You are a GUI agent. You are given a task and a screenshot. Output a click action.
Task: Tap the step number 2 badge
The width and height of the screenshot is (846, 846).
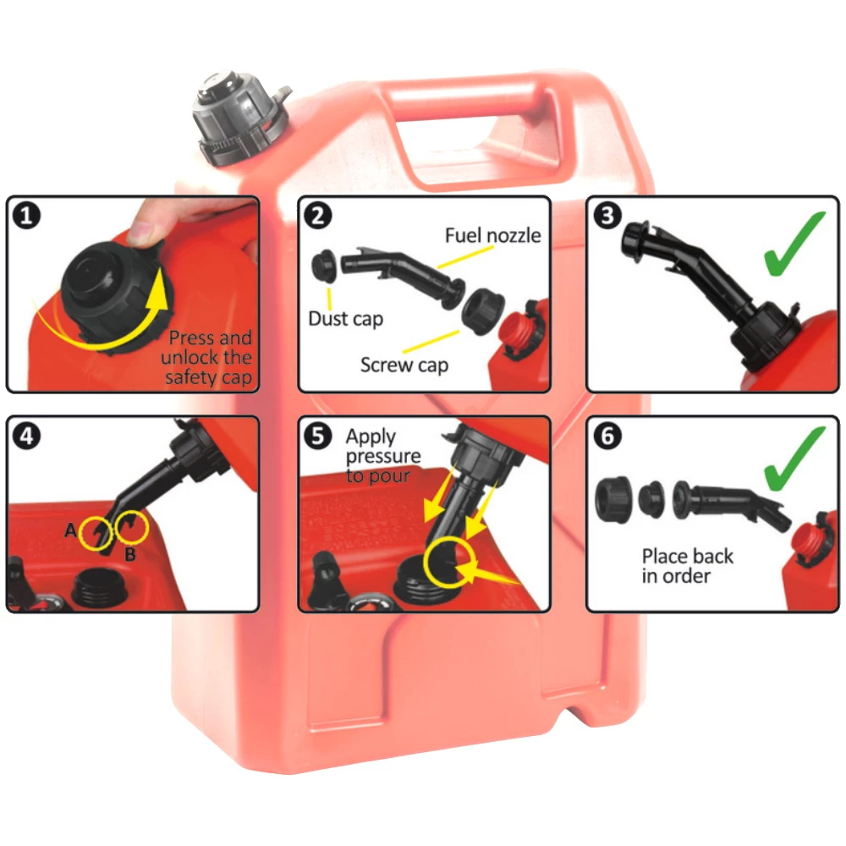click(317, 217)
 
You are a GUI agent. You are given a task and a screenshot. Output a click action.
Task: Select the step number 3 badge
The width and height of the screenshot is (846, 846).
click(607, 217)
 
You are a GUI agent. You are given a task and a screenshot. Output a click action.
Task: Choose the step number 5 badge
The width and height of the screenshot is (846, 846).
click(317, 437)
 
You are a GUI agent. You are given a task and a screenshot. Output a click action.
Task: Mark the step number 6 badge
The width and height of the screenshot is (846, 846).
click(607, 437)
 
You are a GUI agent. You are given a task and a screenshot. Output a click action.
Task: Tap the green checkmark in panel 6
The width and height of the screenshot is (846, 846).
click(794, 459)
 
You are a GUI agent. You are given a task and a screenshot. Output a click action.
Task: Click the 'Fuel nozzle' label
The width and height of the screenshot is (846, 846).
click(492, 234)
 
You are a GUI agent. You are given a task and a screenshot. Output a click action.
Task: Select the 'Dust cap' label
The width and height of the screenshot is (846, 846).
click(345, 319)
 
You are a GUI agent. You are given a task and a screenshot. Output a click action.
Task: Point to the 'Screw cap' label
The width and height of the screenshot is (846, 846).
click(404, 365)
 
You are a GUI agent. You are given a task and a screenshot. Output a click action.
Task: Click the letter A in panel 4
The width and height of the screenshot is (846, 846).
click(70, 530)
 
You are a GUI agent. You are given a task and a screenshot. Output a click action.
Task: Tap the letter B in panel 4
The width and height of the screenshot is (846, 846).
click(129, 555)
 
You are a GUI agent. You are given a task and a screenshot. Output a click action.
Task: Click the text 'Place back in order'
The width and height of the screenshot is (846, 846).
click(687, 566)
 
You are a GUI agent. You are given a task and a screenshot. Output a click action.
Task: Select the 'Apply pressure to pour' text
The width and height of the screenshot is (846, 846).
click(382, 456)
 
